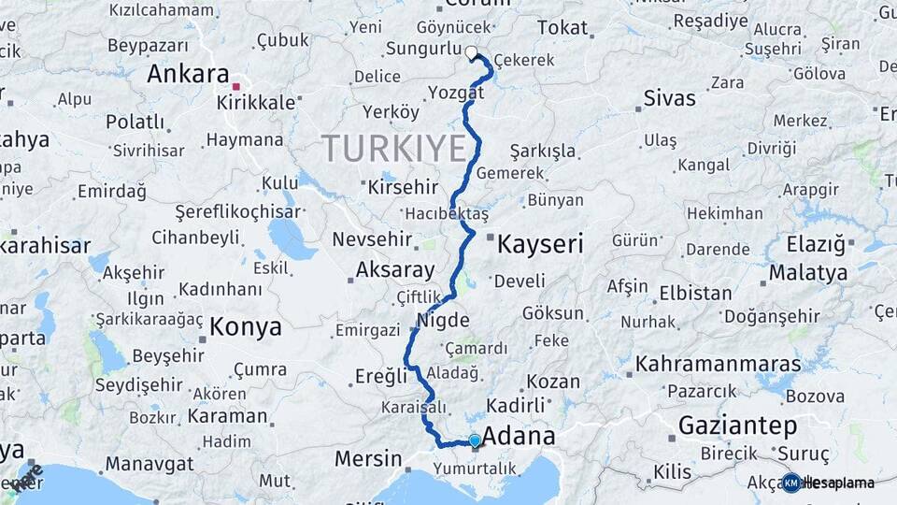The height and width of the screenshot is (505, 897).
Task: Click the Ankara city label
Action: click(188, 74)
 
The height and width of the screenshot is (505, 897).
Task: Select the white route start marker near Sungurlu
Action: click(471, 53)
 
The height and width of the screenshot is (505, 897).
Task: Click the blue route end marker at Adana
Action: click(475, 440)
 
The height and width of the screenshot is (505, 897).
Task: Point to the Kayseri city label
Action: click(540, 245)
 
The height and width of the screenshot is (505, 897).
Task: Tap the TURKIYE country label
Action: click(393, 148)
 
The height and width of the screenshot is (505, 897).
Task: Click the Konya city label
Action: click(246, 326)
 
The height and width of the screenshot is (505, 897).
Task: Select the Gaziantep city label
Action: click(737, 426)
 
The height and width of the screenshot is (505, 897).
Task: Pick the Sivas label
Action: click(670, 98)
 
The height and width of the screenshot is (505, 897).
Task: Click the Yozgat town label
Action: click(456, 93)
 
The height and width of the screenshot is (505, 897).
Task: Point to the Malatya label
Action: click(808, 273)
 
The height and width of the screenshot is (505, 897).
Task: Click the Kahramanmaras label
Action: click(718, 363)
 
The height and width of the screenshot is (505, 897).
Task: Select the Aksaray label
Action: click(395, 270)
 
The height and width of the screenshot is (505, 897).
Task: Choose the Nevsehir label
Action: click(373, 240)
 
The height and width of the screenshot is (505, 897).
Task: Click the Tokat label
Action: click(562, 28)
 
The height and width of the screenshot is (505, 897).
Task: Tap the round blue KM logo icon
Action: click(791, 483)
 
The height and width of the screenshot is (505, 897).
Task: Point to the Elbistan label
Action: click(695, 293)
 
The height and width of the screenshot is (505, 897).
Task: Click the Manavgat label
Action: click(149, 464)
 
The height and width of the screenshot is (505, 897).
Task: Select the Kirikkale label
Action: click(262, 102)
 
